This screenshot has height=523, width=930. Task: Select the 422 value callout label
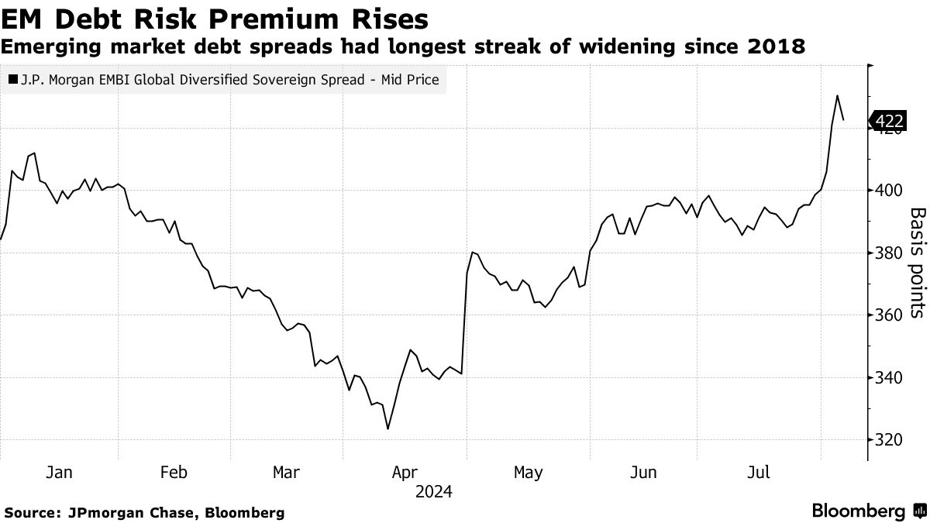(888, 121)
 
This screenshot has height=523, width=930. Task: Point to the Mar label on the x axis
(287, 473)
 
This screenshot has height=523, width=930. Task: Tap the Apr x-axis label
(405, 473)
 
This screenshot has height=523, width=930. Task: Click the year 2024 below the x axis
(433, 492)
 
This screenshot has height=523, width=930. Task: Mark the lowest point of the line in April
(387, 428)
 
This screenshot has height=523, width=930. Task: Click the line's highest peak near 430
(837, 96)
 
